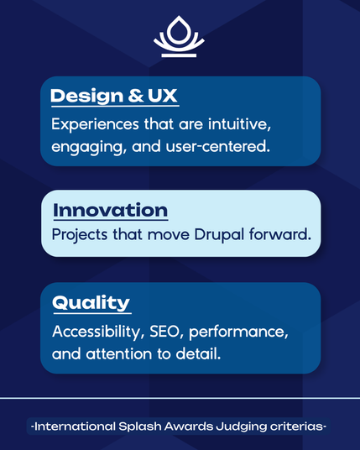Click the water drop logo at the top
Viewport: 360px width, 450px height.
coord(179,36)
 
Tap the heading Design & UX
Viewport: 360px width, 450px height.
coord(114,96)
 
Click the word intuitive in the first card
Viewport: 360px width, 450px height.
coord(239,124)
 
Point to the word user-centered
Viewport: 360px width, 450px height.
coord(218,146)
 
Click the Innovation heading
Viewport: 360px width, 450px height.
coord(111,211)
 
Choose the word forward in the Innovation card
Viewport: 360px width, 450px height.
coord(280,234)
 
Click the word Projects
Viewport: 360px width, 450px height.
coord(80,235)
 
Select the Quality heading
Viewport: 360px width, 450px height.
coord(91,303)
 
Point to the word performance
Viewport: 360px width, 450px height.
coord(238,332)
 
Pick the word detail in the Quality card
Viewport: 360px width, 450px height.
coord(198,353)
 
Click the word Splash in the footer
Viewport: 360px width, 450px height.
coord(140,426)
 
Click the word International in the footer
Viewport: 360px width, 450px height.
coord(75,426)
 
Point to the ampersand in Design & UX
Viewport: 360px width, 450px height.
coord(135,96)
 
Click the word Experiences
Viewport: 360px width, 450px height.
coord(95,125)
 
